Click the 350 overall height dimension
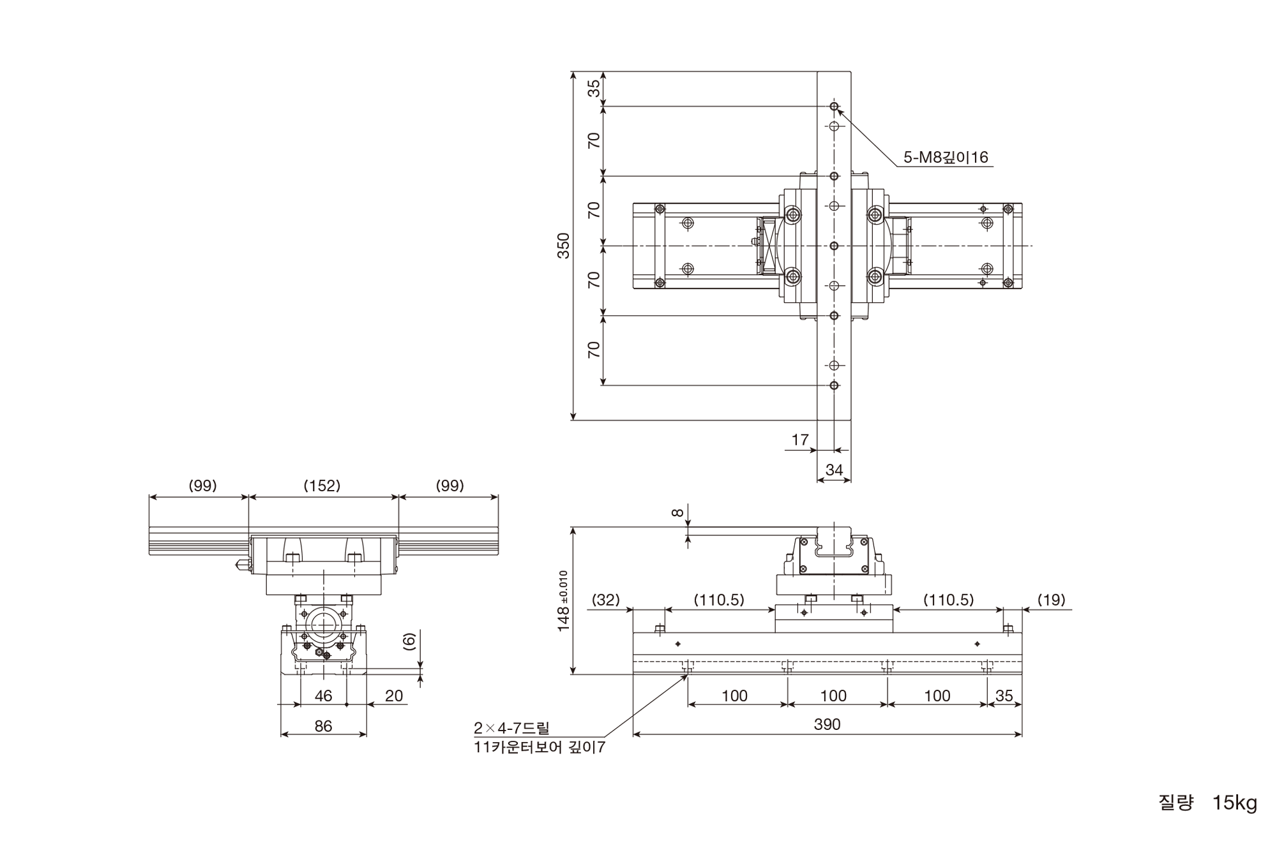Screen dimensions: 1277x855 [x=563, y=246]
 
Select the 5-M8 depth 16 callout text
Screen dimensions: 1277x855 [x=946, y=157]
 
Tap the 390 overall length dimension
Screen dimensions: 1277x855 [x=827, y=724]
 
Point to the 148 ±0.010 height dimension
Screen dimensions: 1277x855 [x=563, y=601]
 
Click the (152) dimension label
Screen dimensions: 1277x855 [x=322, y=486]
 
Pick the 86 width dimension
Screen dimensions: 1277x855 [x=324, y=726]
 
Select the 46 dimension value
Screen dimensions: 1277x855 [x=324, y=695]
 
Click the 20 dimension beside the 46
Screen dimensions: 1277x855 [x=394, y=695]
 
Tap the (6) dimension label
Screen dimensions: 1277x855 [x=409, y=642]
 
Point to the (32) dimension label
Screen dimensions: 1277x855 [x=605, y=600]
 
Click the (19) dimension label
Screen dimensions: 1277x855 [x=1051, y=600]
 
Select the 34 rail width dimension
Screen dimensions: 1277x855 [x=834, y=470]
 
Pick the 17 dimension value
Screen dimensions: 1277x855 [x=800, y=440]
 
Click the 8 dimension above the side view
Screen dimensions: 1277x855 [x=678, y=512]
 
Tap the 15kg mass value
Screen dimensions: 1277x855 [x=1234, y=803]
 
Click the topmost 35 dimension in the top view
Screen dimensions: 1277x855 [x=594, y=88]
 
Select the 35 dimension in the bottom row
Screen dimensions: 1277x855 [x=1004, y=695]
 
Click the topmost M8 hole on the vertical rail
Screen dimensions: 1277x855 [x=834, y=106]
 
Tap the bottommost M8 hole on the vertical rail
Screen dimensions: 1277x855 [x=834, y=385]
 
